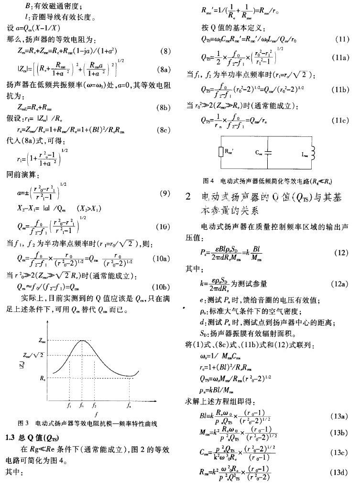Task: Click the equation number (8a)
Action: click(x=165, y=70)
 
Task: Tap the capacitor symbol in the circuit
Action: click(x=271, y=152)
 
